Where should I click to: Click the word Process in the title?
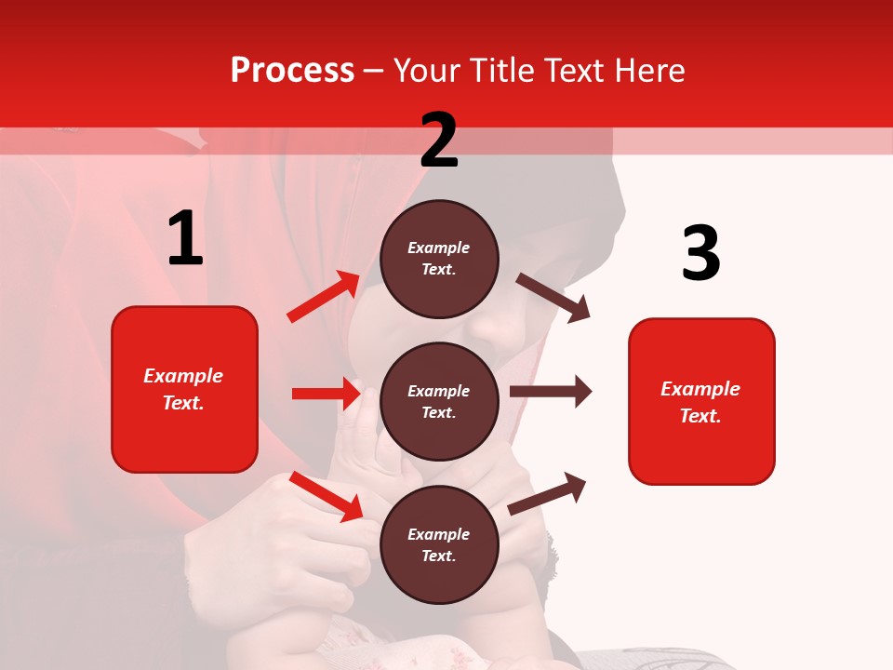click(x=292, y=71)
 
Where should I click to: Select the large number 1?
click(x=185, y=239)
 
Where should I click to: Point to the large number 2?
click(x=439, y=141)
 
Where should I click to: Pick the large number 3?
click(x=700, y=253)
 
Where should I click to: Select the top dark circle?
click(x=439, y=259)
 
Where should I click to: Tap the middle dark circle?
click(x=439, y=401)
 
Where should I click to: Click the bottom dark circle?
click(x=439, y=544)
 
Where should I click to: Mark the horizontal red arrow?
click(x=326, y=394)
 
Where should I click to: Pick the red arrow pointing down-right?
click(x=327, y=495)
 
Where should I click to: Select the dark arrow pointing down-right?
click(x=553, y=298)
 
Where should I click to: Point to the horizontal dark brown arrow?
click(x=551, y=391)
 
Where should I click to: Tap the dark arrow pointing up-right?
click(x=547, y=493)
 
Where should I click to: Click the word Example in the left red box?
click(x=183, y=376)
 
